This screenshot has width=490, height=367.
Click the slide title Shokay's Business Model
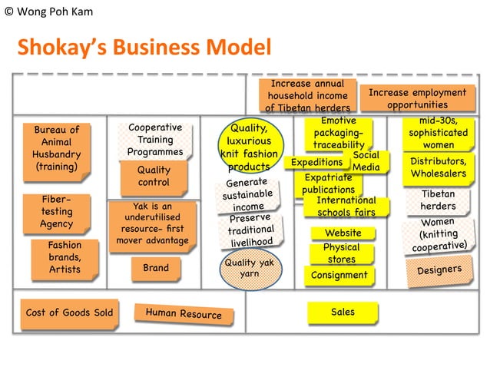(x=144, y=48)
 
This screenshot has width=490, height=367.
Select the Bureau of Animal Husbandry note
(x=57, y=148)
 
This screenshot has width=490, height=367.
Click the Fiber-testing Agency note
(x=57, y=211)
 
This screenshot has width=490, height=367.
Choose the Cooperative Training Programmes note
(x=154, y=140)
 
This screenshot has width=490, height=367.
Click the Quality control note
(x=154, y=177)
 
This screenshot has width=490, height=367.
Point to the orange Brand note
(x=155, y=268)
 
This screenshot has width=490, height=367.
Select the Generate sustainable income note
(x=247, y=196)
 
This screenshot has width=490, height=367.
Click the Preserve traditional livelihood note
(x=251, y=230)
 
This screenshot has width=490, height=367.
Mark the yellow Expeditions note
(x=316, y=163)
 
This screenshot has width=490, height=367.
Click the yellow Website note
(x=343, y=233)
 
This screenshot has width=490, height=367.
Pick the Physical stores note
(x=342, y=253)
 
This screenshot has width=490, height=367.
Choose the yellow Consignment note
(x=339, y=275)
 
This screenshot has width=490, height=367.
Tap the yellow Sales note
(x=343, y=312)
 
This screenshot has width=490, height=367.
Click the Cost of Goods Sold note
(x=69, y=312)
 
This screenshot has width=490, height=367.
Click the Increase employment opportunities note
(x=417, y=98)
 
